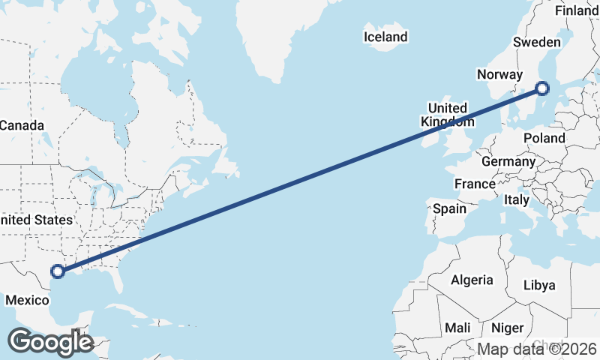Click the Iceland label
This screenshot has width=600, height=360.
(x=385, y=37)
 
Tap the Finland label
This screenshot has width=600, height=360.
(x=577, y=10)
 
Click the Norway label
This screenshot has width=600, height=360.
(x=499, y=74)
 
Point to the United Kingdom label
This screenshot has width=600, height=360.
(x=447, y=115)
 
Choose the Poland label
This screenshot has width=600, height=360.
(x=544, y=139)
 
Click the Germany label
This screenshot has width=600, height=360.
(x=508, y=161)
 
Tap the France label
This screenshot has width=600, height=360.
(x=475, y=184)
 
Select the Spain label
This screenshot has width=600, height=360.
(x=450, y=208)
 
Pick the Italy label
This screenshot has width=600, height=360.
(x=516, y=200)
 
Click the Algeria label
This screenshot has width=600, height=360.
(x=472, y=280)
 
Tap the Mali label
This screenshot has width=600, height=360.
(x=457, y=328)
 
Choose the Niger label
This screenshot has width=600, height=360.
(x=506, y=328)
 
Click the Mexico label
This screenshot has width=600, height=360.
(x=27, y=301)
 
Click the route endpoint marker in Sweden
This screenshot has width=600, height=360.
(x=541, y=89)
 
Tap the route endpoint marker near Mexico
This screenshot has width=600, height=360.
(x=58, y=271)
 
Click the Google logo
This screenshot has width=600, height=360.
(x=49, y=343)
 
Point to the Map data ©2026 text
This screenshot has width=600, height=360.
(x=537, y=349)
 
